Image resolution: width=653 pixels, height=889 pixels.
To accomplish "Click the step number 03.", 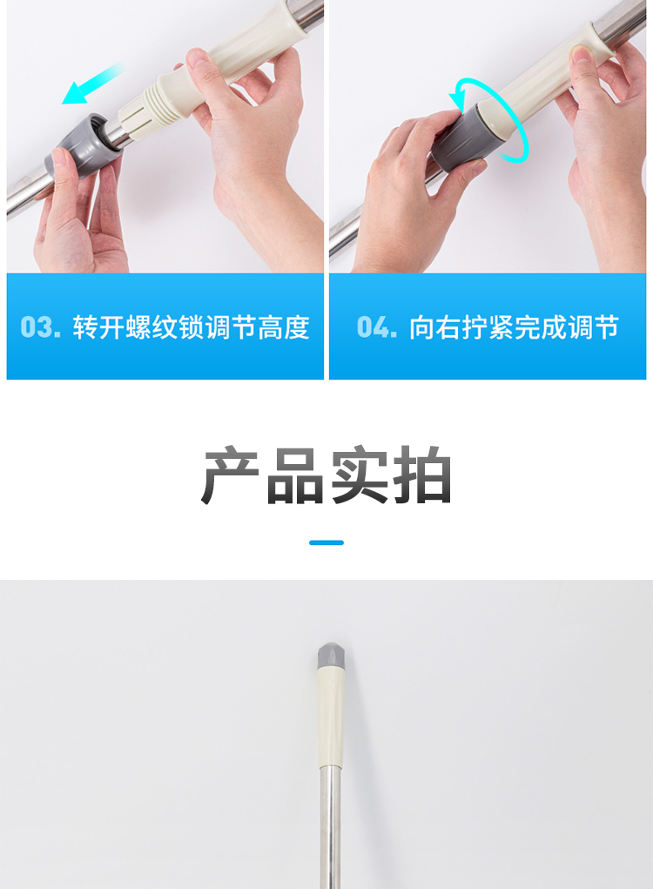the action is point(40,327).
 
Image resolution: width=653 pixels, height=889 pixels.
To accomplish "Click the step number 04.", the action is point(376,327).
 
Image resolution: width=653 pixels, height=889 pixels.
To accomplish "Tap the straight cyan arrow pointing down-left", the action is point(92,84).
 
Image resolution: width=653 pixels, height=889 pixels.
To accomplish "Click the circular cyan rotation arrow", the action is point(488,119).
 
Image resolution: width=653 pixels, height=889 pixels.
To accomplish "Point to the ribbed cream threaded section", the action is point(142,111).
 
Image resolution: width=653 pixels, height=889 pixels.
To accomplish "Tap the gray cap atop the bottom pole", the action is point(330,655).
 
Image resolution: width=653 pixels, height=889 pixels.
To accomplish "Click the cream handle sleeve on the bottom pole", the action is point(331,717).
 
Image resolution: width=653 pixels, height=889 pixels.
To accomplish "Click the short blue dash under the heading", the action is point(326,542).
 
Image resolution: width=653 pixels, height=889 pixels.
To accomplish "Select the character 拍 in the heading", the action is point(421,475).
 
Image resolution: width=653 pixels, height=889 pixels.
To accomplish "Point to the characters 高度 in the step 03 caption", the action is point(284,327).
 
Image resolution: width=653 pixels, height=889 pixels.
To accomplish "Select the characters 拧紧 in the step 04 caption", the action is point(488,327).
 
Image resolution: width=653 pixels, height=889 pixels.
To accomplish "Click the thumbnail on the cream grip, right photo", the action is point(582,55).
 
